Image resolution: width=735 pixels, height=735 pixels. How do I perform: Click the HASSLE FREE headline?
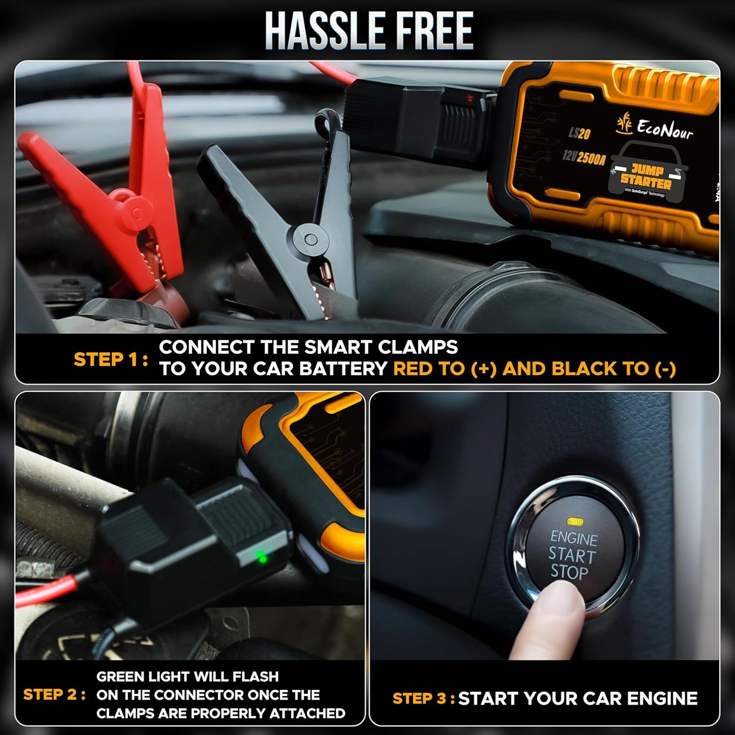point(368,32)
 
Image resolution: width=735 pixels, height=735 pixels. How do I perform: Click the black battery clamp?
point(285,219)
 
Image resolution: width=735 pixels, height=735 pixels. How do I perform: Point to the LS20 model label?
point(579,133)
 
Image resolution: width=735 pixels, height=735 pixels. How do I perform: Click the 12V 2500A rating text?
point(583,158)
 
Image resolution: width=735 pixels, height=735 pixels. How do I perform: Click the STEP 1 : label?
point(111,360)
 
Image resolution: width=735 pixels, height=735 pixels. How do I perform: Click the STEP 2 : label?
point(54,695)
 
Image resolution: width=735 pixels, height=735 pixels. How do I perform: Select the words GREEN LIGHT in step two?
point(152,677)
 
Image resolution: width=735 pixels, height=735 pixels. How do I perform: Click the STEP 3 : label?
point(424,698)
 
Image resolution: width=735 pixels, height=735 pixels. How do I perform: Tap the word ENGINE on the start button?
point(574,538)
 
